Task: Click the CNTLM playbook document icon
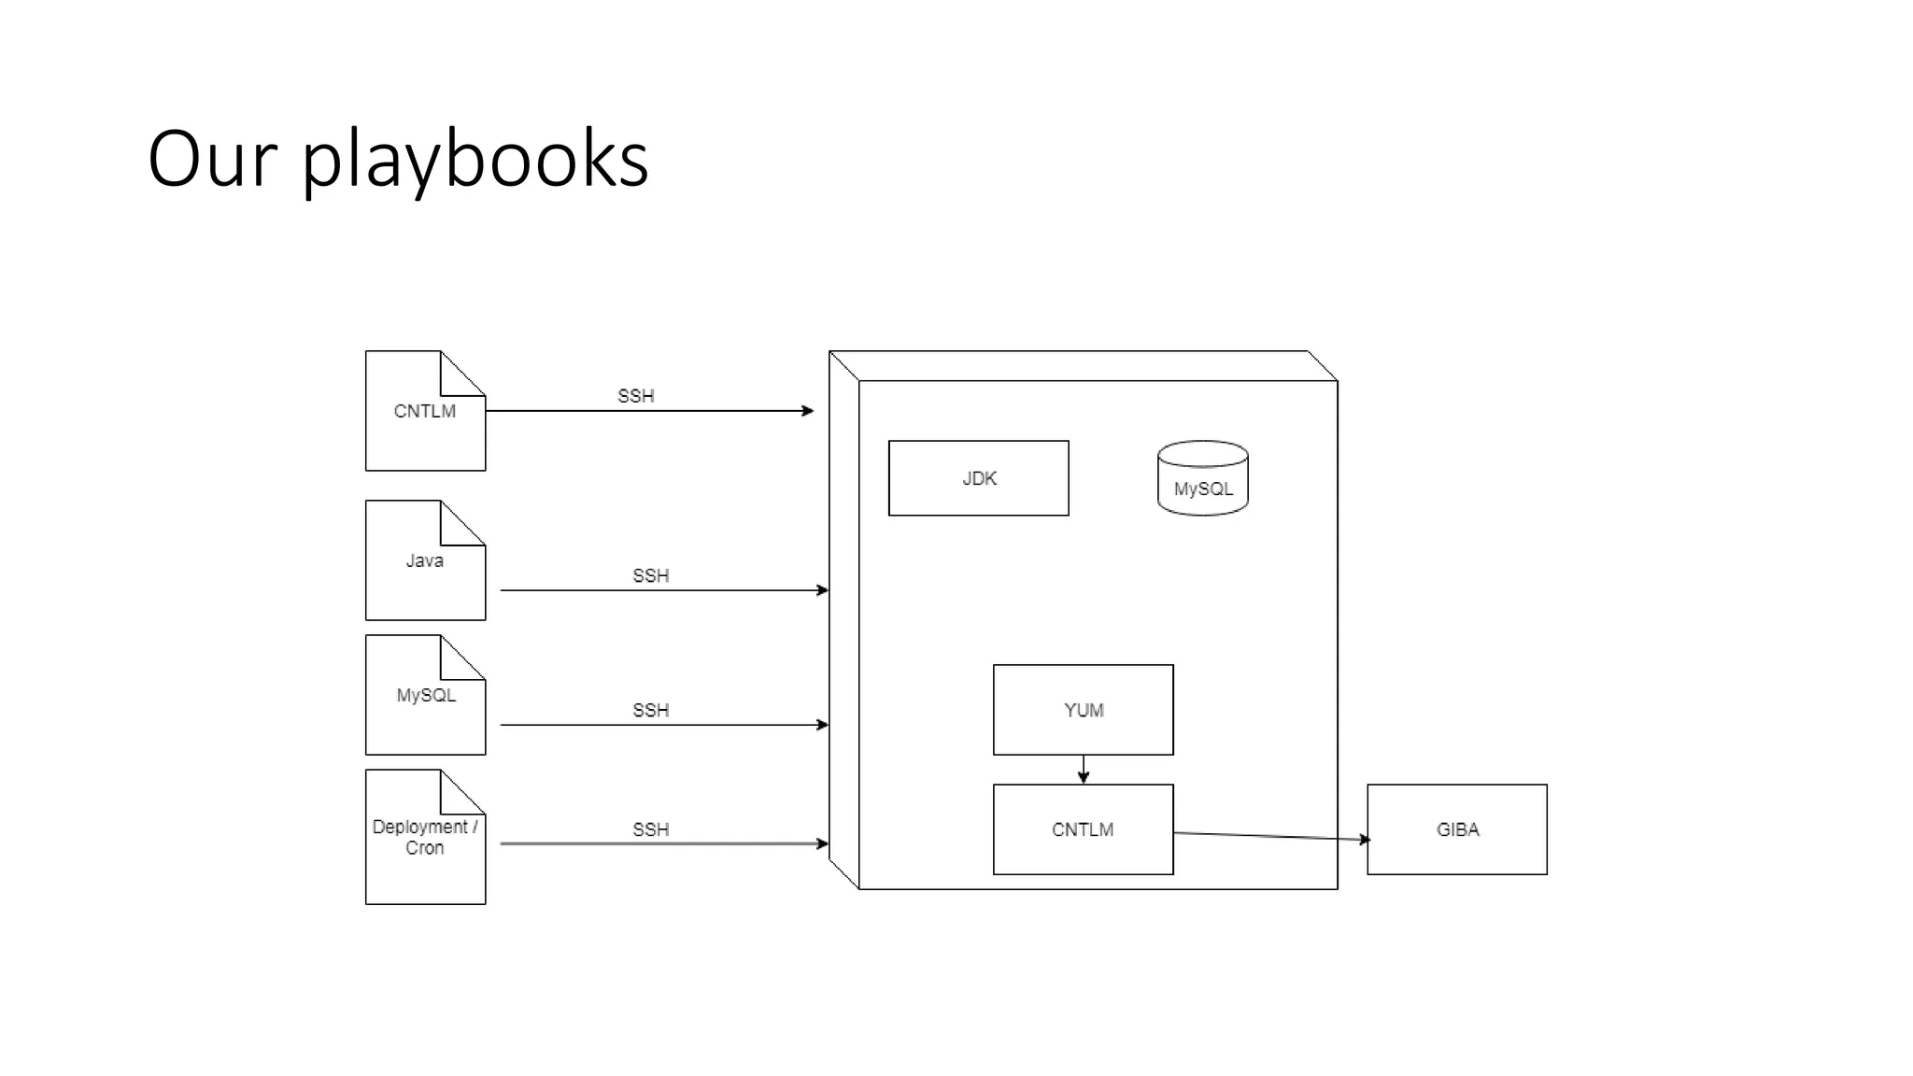[x=425, y=411]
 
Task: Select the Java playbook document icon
[x=425, y=560]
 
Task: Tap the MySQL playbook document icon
[x=425, y=696]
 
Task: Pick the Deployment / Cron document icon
[x=425, y=837]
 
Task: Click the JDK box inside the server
[x=978, y=478]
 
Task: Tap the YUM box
[x=1083, y=710]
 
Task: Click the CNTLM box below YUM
[x=1083, y=829]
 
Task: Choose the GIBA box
[x=1456, y=829]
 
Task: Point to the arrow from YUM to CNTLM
[x=1083, y=770]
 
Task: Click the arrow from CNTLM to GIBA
[x=1270, y=836]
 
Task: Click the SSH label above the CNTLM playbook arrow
[x=635, y=396]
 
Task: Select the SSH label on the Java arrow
[x=650, y=575]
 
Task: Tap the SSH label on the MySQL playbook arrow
[x=650, y=710]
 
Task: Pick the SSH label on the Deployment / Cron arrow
[x=650, y=829]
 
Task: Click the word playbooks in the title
[x=475, y=159]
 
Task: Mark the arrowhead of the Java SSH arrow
[x=823, y=590]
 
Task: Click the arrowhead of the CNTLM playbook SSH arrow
[x=808, y=411]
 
